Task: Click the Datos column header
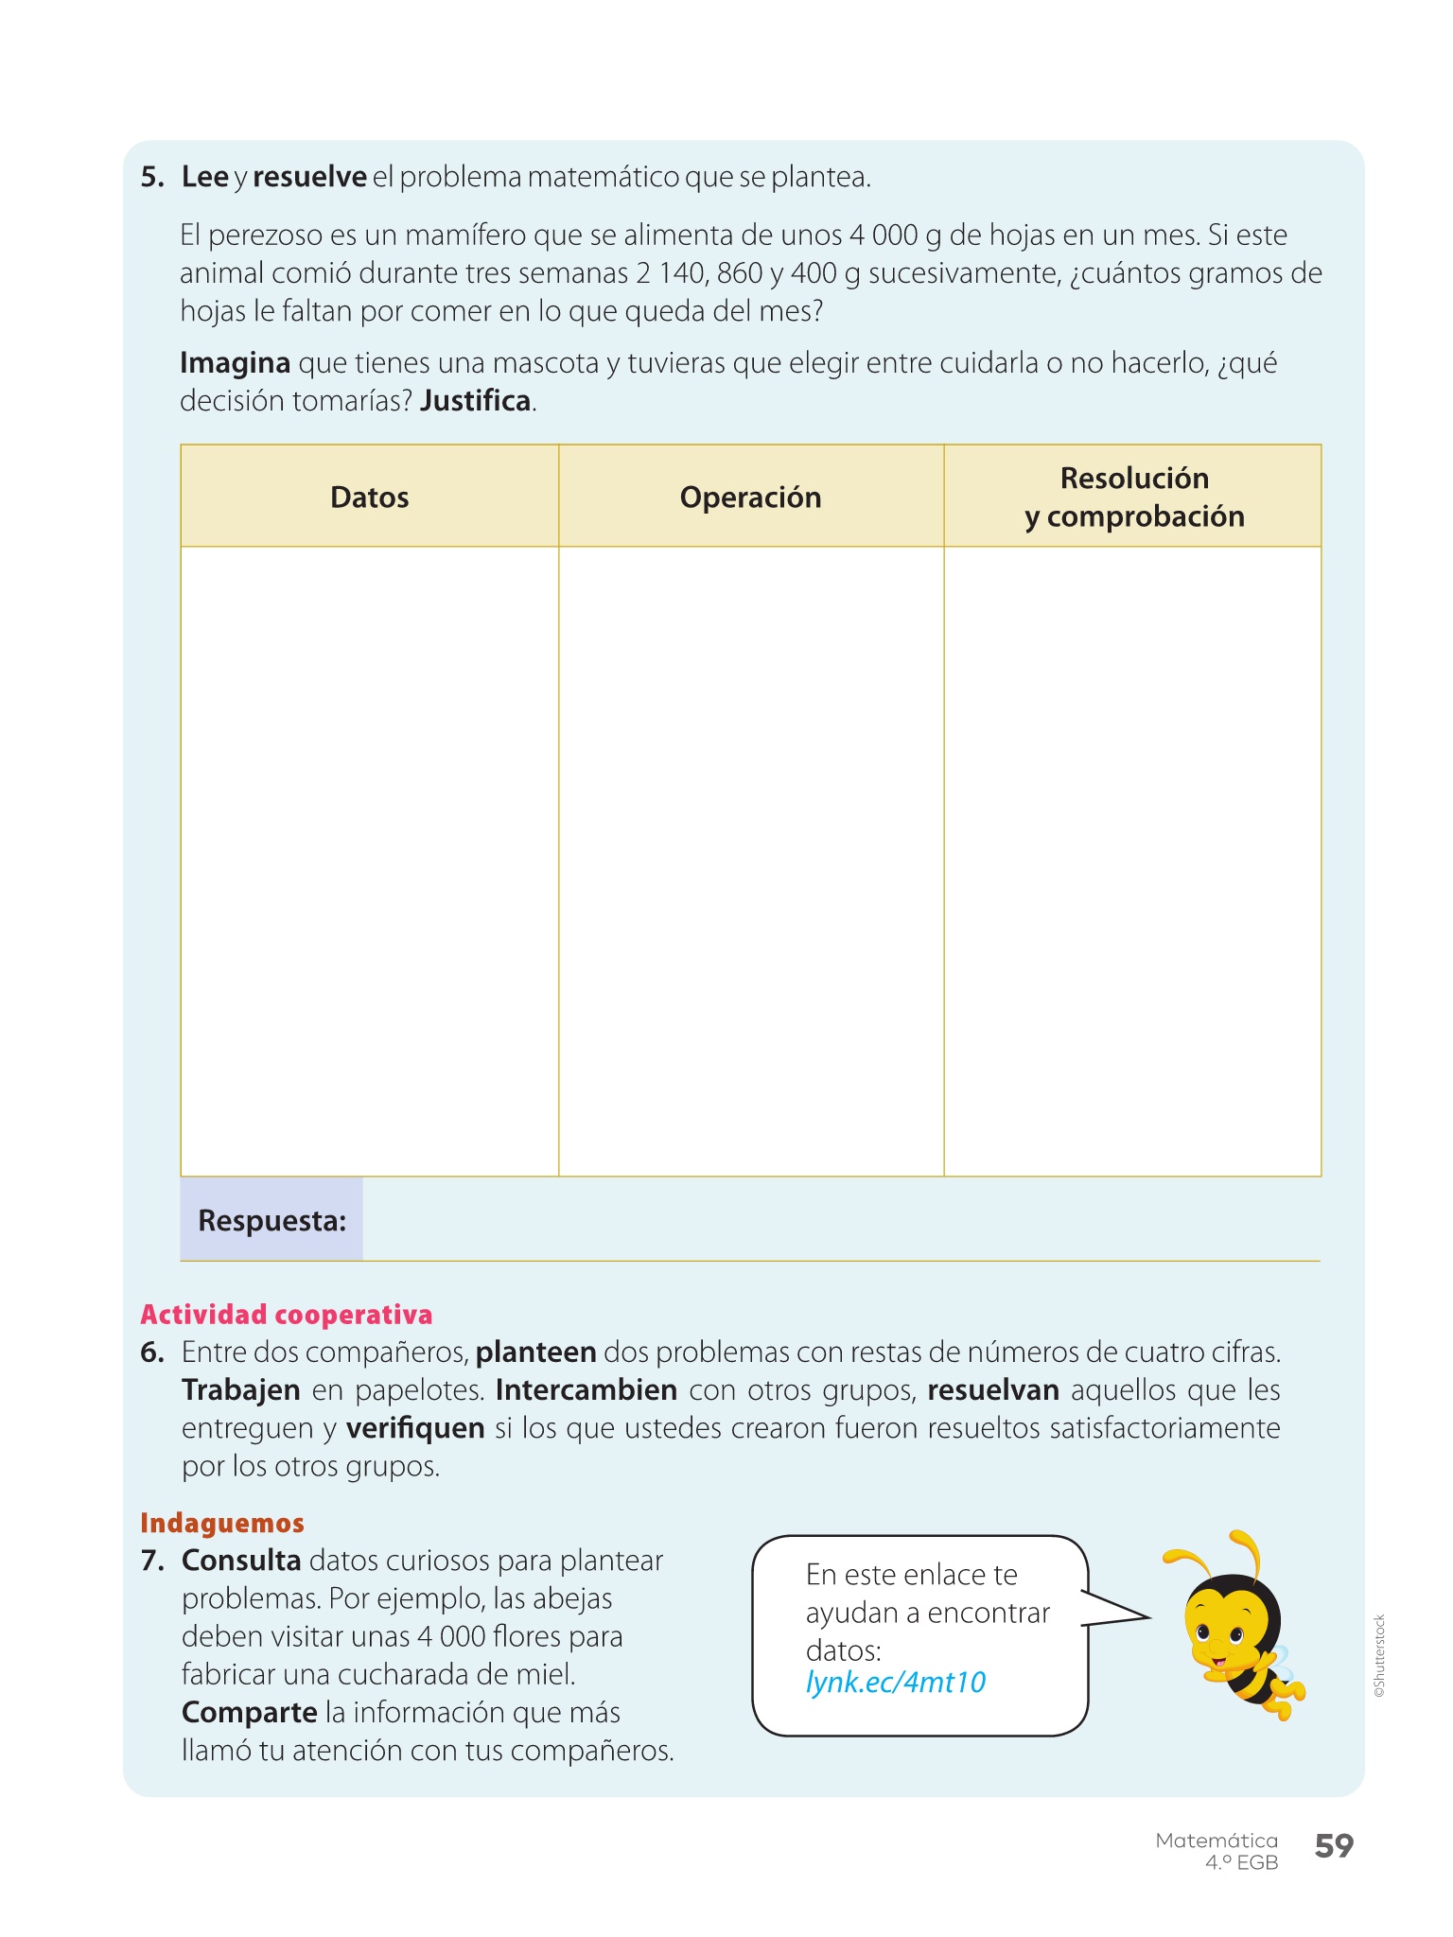369,497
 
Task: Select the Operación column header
750,497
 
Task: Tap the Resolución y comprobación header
1133,497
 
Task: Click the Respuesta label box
271,1220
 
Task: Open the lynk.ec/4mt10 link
895,1683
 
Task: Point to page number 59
1334,1846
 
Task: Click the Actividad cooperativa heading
286,1315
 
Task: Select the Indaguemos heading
222,1523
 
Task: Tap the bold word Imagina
235,363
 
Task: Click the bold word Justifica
476,401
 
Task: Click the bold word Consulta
241,1561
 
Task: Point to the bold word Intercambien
586,1390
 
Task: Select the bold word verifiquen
415,1428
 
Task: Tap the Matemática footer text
1216,1841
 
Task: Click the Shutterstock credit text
1379,1655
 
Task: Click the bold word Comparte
249,1713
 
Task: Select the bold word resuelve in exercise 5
309,177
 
